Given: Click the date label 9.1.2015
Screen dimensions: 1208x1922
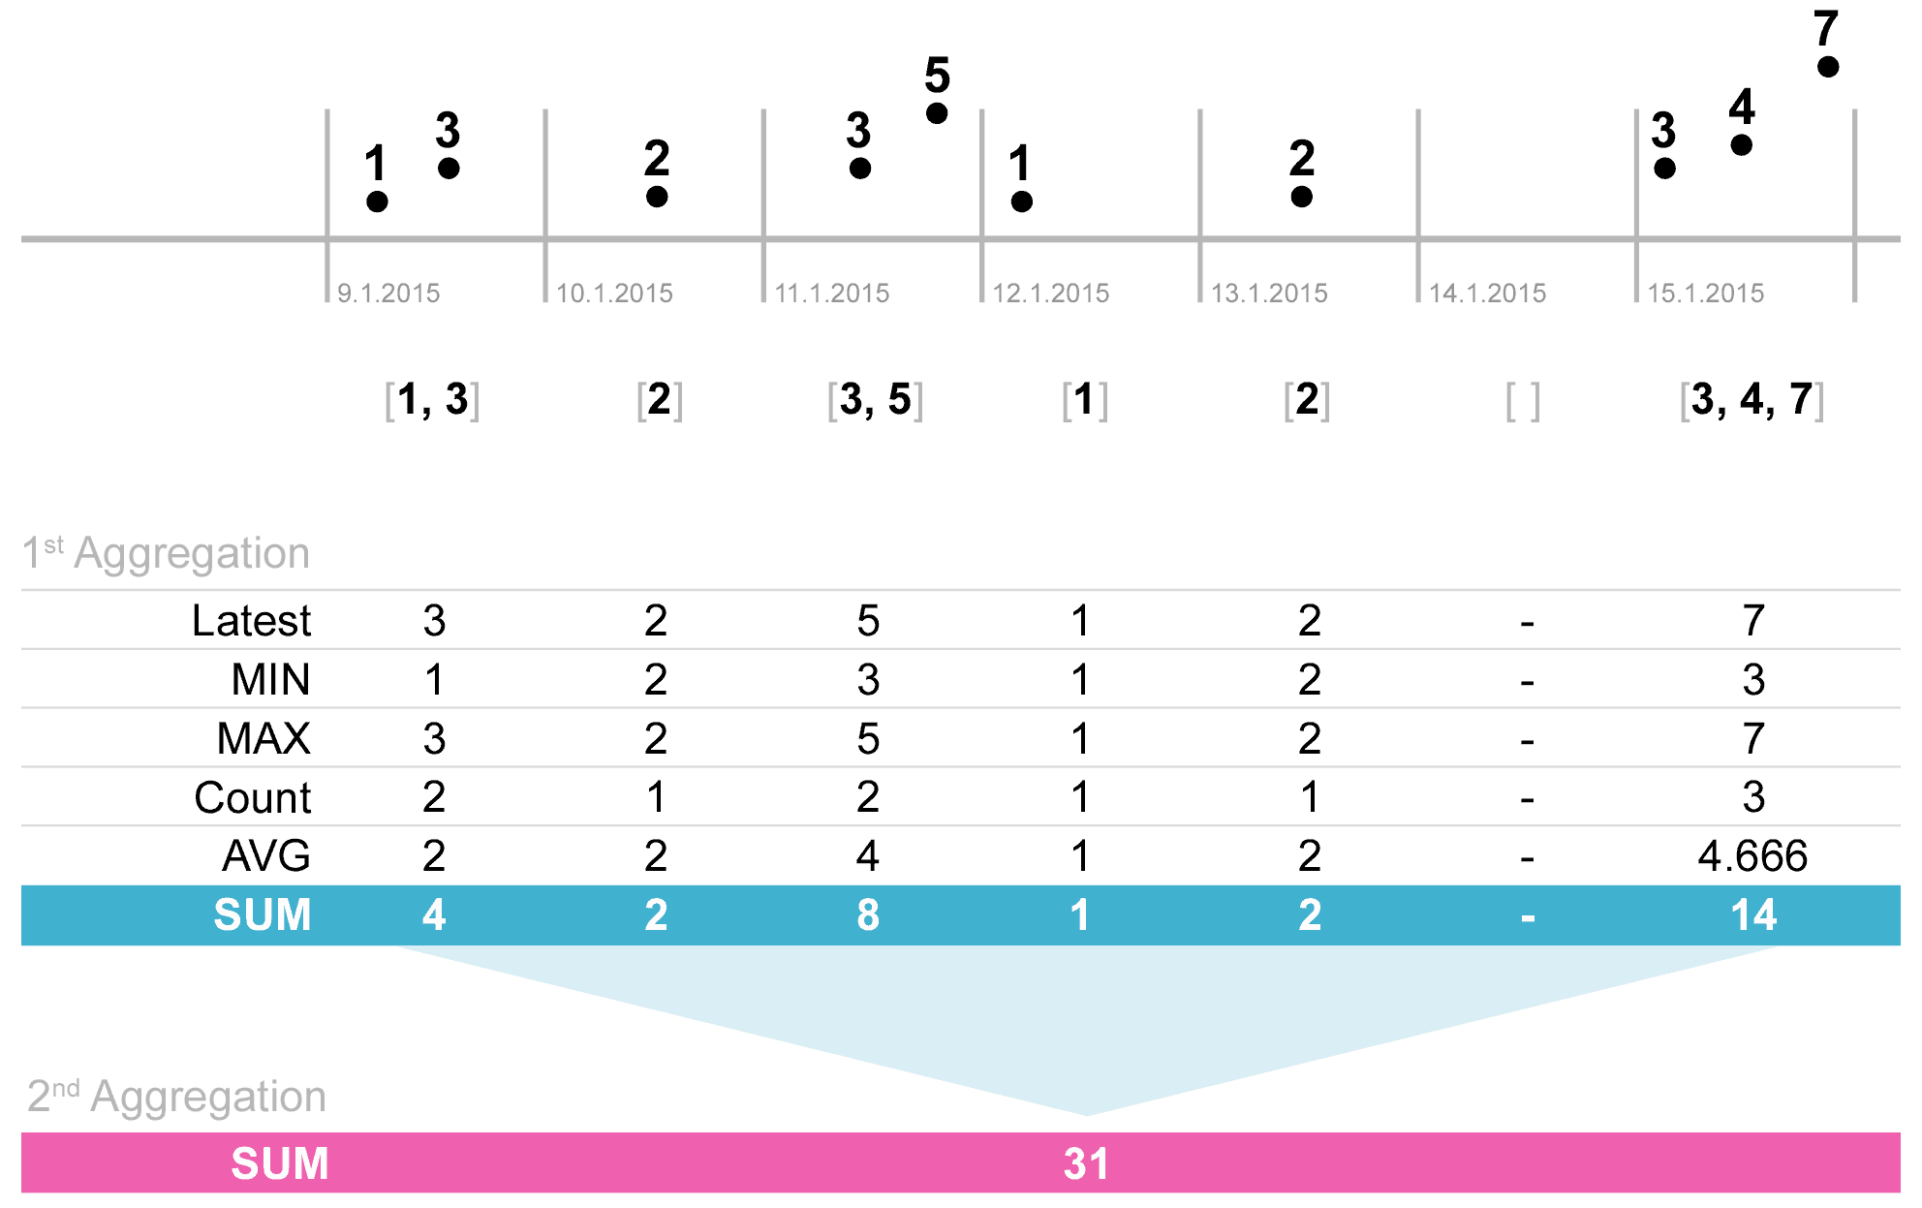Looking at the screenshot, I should pyautogui.click(x=388, y=293).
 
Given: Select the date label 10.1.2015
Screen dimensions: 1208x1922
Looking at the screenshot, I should pyautogui.click(x=614, y=293).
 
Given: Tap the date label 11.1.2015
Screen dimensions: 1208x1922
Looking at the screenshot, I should pyautogui.click(x=832, y=293).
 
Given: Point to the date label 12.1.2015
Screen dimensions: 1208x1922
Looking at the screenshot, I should pyautogui.click(x=1051, y=293).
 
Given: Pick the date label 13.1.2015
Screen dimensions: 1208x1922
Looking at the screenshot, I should pyautogui.click(x=1269, y=293).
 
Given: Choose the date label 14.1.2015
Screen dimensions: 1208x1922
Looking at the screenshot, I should pyautogui.click(x=1488, y=293).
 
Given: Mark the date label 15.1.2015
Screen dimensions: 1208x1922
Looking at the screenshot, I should pyautogui.click(x=1706, y=293).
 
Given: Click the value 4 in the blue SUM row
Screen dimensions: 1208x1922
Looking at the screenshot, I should pyautogui.click(x=434, y=915).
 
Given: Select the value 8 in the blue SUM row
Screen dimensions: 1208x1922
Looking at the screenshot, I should pyautogui.click(x=868, y=915).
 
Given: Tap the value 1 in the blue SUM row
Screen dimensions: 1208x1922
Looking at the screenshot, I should pyautogui.click(x=1080, y=915).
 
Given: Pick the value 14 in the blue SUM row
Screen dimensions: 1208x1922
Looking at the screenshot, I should pyautogui.click(x=1753, y=915).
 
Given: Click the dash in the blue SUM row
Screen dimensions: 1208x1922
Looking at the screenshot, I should pyautogui.click(x=1528, y=917).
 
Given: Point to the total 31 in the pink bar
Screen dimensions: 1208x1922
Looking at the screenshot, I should pyautogui.click(x=1086, y=1163).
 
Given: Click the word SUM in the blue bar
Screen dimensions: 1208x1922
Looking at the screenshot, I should pyautogui.click(x=263, y=915).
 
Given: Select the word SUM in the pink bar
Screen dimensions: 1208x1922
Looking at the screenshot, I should pyautogui.click(x=280, y=1163).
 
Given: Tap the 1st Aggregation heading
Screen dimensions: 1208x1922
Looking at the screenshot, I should pyautogui.click(x=166, y=553).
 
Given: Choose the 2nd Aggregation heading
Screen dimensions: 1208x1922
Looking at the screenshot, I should pyautogui.click(x=176, y=1097).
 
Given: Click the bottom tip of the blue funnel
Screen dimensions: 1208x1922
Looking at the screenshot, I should pyautogui.click(x=1087, y=1112).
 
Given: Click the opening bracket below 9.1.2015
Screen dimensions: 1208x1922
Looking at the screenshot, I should pyautogui.click(x=389, y=401).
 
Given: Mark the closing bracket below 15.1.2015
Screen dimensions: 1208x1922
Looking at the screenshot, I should pyautogui.click(x=1819, y=401).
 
